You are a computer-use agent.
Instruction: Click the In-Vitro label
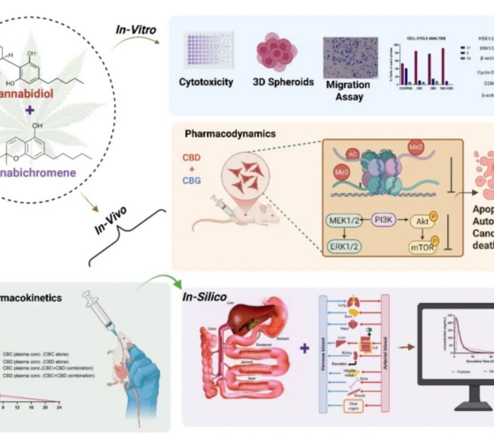point(136,30)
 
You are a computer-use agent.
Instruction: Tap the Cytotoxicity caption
point(206,82)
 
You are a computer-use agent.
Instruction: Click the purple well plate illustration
point(208,50)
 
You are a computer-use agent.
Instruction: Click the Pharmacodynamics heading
point(230,133)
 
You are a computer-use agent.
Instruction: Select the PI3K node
point(384,220)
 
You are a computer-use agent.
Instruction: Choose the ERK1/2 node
point(344,246)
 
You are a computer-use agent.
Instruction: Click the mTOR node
point(422,247)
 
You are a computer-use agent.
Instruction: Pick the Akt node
point(422,221)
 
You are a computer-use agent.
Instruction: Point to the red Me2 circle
point(414,147)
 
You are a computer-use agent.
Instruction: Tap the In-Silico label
point(205,297)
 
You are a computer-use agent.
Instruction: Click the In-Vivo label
point(110,220)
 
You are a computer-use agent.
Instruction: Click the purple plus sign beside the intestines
point(304,349)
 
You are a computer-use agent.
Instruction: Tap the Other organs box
point(353,406)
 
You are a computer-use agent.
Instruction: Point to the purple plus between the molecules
point(29,110)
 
